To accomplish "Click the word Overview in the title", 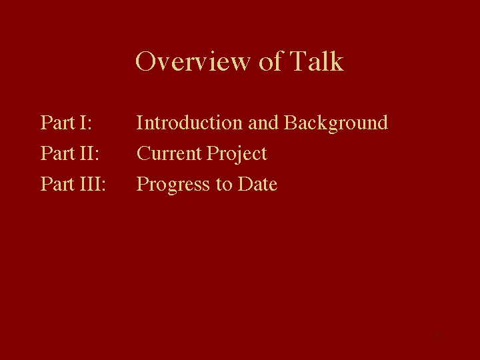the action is (193, 61).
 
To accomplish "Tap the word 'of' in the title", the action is (270, 61).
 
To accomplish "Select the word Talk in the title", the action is (317, 61).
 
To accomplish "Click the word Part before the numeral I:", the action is (57, 123).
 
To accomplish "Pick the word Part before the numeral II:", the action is (57, 153).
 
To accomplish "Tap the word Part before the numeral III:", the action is (57, 184).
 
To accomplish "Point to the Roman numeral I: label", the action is (85, 123).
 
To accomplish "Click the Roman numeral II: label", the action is (89, 153).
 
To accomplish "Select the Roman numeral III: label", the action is (93, 184).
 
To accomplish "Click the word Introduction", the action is (189, 123).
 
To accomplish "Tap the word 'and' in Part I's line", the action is (263, 123).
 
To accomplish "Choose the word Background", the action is (336, 124).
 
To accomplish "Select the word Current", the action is (169, 153).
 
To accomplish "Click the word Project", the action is (237, 155).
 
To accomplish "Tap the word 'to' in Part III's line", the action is (224, 184).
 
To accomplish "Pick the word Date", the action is (257, 184).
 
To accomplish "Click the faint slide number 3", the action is (437, 335).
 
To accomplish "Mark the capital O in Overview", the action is (145, 61).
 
